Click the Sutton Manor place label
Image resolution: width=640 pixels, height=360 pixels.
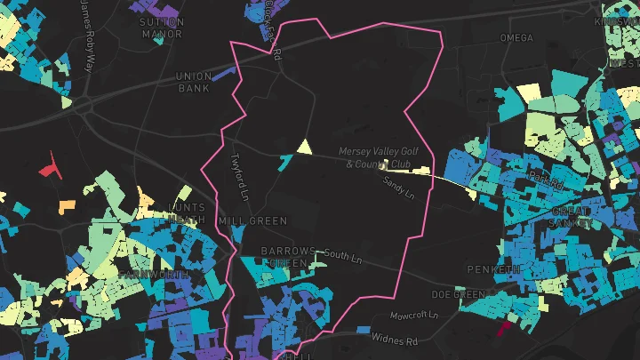point(162,28)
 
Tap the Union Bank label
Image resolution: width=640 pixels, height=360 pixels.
point(193,82)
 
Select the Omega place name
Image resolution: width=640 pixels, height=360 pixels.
point(516,38)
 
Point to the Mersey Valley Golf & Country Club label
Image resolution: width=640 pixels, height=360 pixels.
point(377,157)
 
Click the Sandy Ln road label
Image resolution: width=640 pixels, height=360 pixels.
point(398,184)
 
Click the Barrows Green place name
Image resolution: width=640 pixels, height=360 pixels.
point(286,257)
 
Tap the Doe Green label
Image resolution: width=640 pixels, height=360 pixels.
point(459,294)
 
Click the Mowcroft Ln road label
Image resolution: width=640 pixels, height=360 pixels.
point(414,316)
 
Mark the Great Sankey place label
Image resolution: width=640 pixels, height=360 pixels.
point(571,217)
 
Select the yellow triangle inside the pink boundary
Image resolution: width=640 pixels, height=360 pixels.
point(304,148)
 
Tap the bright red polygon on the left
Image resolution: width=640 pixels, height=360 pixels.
point(48,165)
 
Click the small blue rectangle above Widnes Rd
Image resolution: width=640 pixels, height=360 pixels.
point(363,329)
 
